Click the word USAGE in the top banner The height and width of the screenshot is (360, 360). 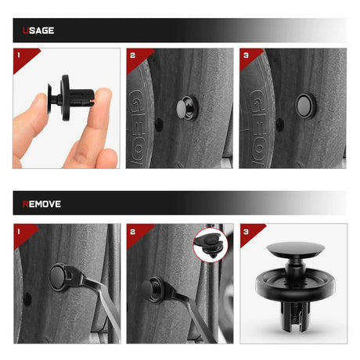tap(38, 31)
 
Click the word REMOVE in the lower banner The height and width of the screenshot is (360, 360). tap(41, 204)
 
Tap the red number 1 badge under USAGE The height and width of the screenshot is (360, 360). tap(23, 58)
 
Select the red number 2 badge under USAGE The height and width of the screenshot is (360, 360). tap(137, 58)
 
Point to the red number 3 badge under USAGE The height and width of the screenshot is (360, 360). tap(250, 57)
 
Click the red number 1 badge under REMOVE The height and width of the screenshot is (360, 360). tap(23, 234)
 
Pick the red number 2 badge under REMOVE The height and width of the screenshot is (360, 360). tap(138, 234)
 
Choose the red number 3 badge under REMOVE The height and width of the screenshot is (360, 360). tap(250, 233)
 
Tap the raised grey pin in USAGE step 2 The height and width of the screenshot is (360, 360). tap(183, 106)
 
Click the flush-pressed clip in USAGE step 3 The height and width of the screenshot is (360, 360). tap(305, 106)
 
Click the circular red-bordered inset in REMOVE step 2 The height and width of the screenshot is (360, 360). tap(211, 245)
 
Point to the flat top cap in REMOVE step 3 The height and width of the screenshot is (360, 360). tap(296, 249)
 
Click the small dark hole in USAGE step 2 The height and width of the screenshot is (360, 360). tap(159, 124)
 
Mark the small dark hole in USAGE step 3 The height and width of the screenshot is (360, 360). tap(279, 124)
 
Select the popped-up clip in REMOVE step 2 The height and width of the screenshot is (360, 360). tap(153, 289)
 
